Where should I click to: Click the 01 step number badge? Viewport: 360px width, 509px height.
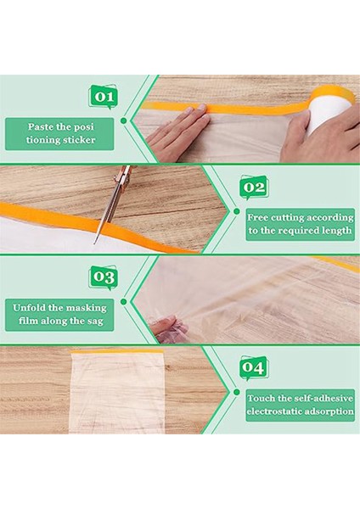tap(104, 97)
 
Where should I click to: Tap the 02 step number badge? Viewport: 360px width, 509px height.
tap(254, 187)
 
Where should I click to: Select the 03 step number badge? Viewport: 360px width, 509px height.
tap(104, 277)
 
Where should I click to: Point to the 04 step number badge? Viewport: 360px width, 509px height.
tap(254, 368)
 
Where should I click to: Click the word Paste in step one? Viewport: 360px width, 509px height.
tap(40, 126)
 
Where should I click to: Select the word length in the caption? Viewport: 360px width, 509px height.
tap(337, 231)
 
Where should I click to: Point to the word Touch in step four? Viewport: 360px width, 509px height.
tap(261, 398)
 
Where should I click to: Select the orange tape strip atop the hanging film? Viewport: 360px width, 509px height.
tap(117, 351)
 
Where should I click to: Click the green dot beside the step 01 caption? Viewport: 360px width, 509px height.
tap(123, 120)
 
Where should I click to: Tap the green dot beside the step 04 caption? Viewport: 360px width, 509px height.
tap(237, 392)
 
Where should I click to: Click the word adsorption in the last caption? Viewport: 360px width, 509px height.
tap(331, 411)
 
